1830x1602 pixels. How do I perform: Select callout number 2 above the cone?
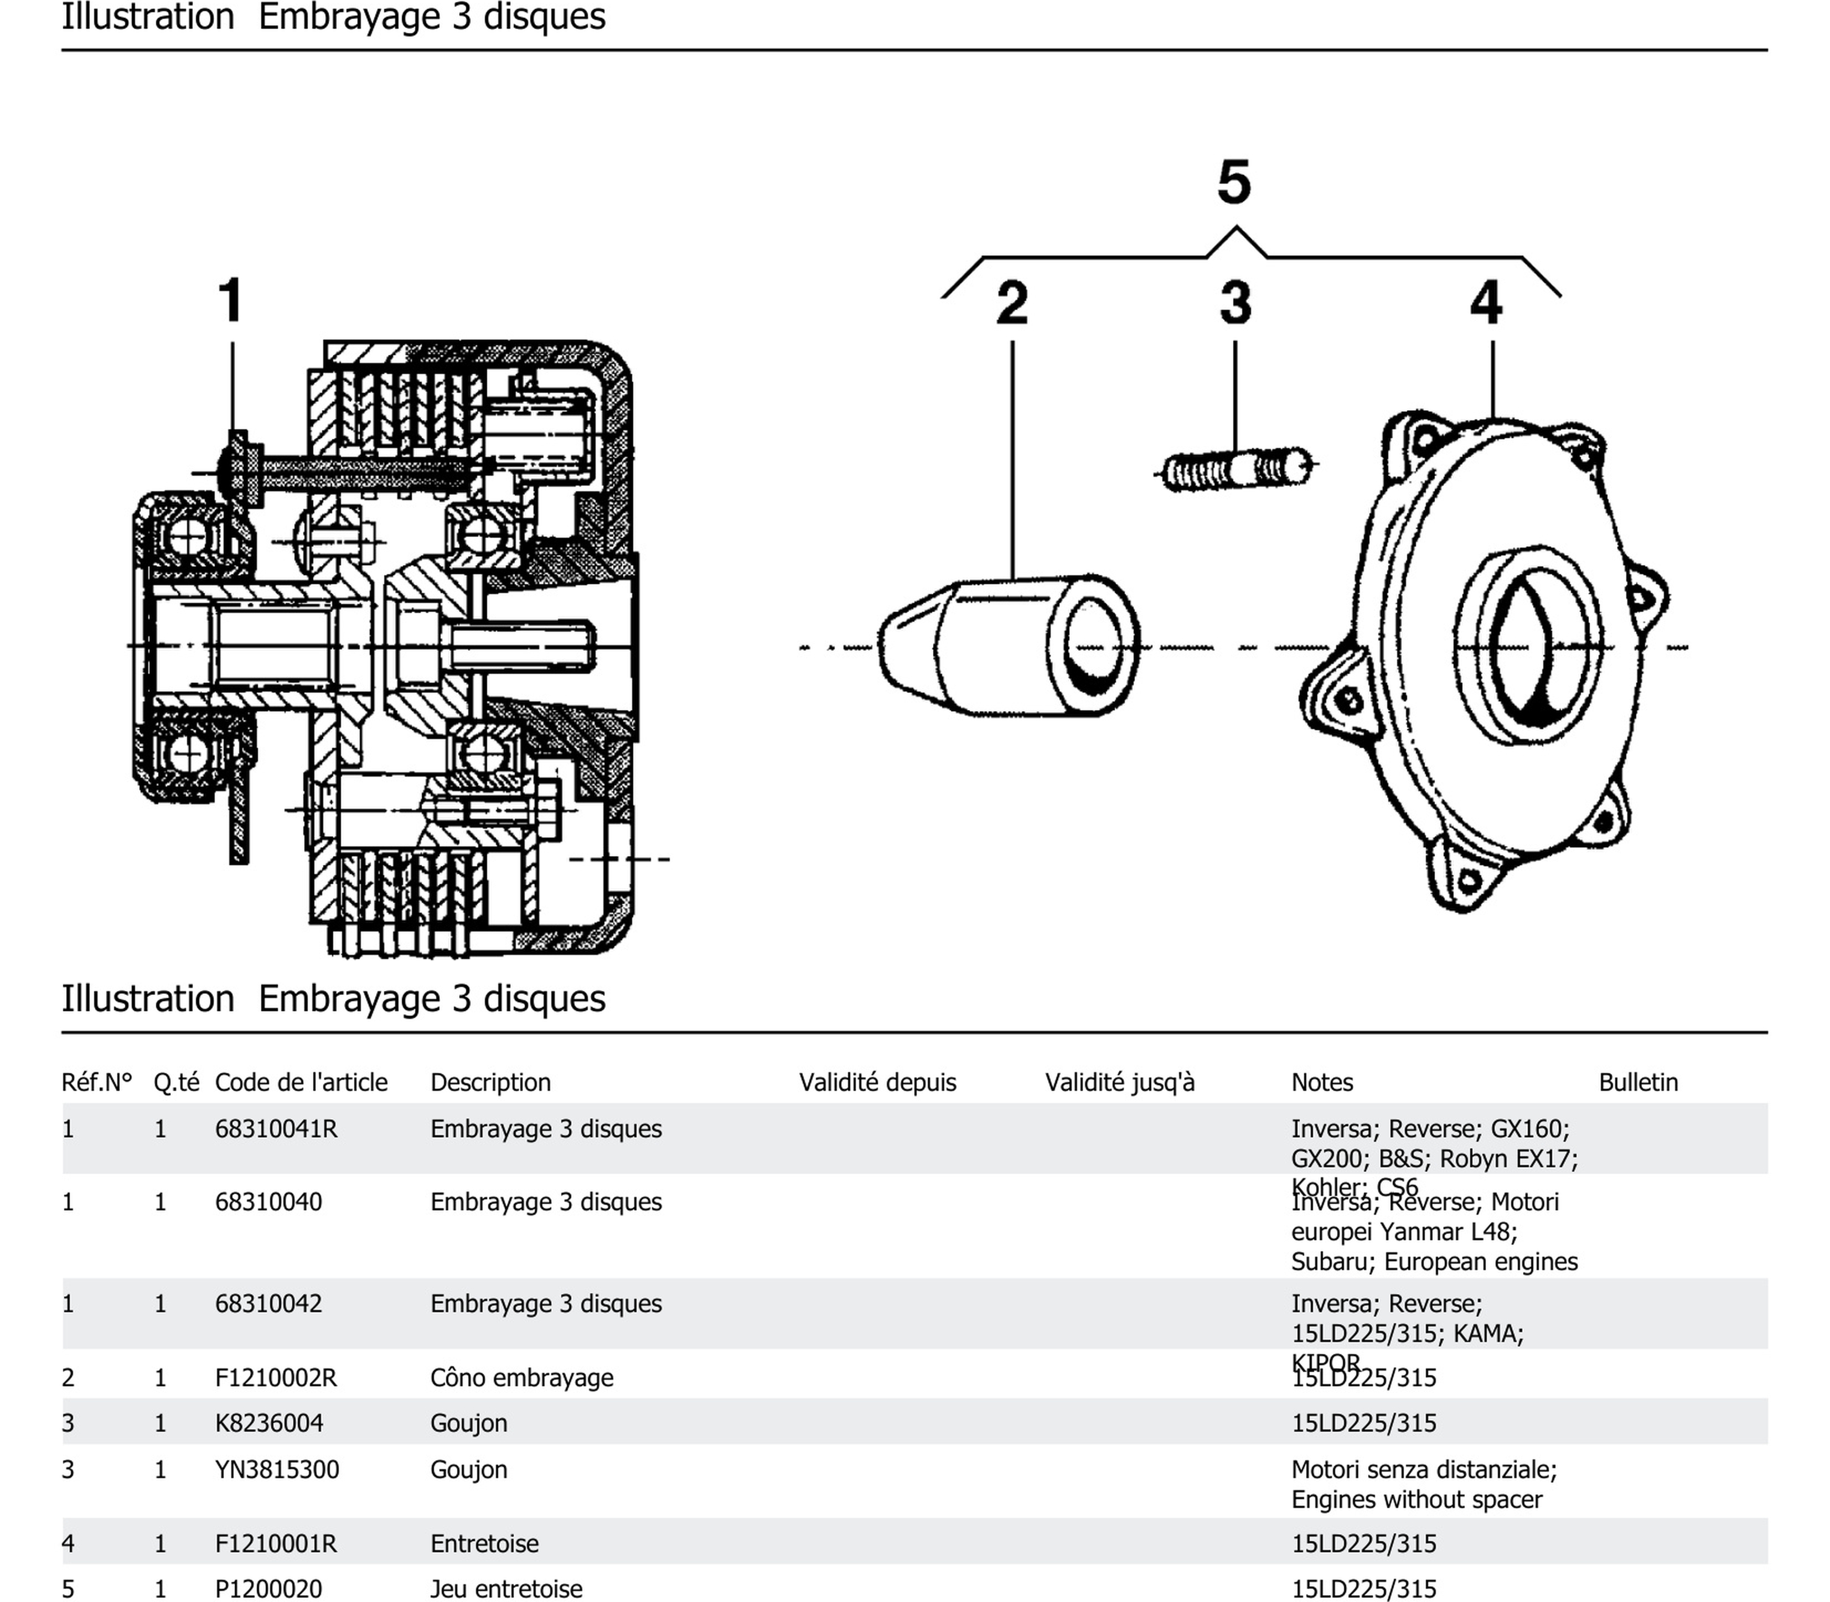tap(1012, 303)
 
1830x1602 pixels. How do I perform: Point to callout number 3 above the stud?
tap(1235, 303)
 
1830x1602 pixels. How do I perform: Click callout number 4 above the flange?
tap(1486, 303)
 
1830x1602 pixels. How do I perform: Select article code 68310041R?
tap(276, 1129)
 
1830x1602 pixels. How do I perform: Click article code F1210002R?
tap(276, 1377)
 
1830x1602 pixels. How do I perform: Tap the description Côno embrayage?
tap(521, 1377)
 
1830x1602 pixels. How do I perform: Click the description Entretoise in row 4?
tap(484, 1544)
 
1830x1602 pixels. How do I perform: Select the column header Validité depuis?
tap(877, 1083)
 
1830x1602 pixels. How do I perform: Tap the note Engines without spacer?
tap(1416, 1499)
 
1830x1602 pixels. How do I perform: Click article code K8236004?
tap(268, 1423)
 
